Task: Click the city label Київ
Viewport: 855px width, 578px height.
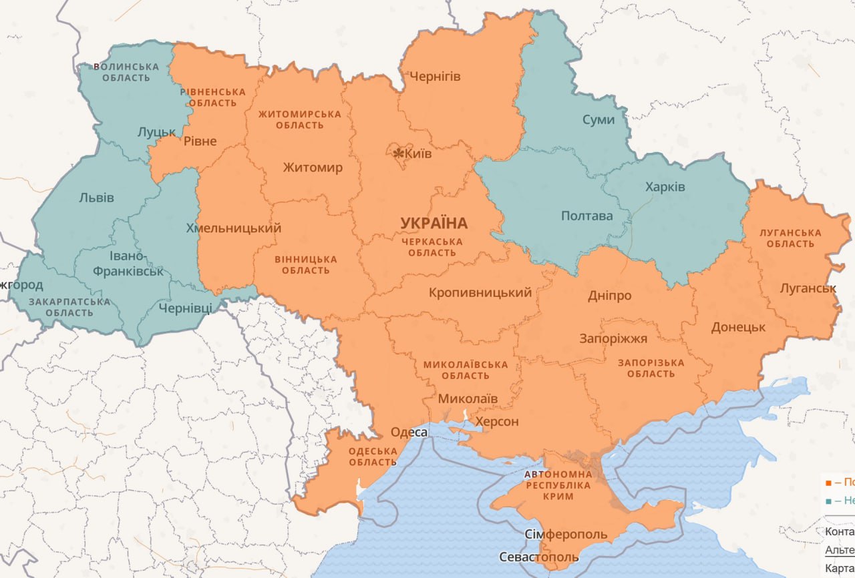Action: pos(419,154)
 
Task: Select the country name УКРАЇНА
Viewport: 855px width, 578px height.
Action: pos(434,223)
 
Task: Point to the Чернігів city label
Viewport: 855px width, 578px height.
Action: pos(435,77)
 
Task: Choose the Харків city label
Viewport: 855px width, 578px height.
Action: pos(665,187)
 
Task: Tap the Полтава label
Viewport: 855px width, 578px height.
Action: pos(586,216)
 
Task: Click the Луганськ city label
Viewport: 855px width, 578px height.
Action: pos(808,288)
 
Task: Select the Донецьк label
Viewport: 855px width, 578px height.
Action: pos(738,328)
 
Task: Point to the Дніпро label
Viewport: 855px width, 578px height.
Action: pos(609,296)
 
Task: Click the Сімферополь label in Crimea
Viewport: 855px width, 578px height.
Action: pos(566,535)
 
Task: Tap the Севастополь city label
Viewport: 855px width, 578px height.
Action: pos(539,557)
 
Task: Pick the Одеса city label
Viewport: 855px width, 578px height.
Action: pos(409,432)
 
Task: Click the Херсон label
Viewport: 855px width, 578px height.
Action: pos(496,422)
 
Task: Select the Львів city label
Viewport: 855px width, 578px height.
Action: pos(96,198)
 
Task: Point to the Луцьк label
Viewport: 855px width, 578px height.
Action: pos(156,132)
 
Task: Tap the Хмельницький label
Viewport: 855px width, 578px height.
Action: pos(234,228)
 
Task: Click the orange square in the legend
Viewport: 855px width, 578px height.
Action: pos(828,482)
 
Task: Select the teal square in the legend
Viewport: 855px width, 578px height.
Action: pos(828,501)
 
